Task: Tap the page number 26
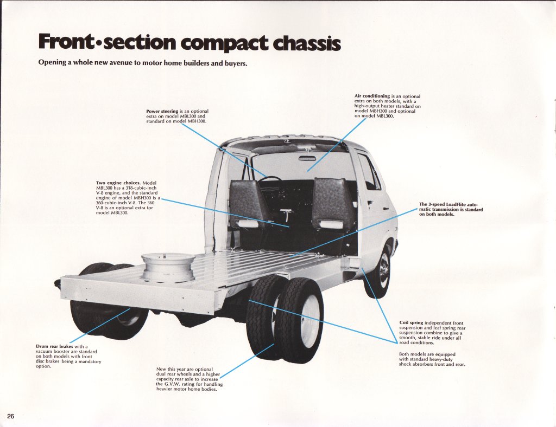click(x=11, y=416)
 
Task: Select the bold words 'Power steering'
click(x=162, y=112)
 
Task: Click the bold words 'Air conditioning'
click(x=372, y=96)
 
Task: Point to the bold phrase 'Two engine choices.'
click(x=118, y=183)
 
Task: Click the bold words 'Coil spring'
click(x=411, y=323)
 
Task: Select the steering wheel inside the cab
click(x=270, y=182)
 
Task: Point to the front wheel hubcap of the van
click(x=384, y=270)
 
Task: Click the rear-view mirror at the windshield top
click(x=307, y=158)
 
